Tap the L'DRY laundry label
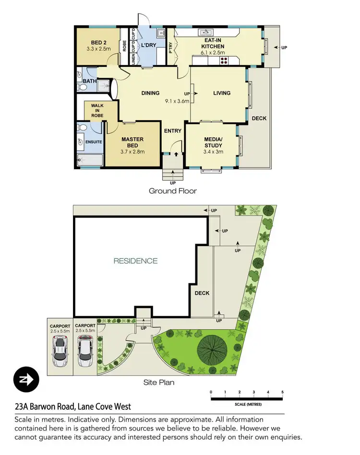[147, 45]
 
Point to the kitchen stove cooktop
[224, 61]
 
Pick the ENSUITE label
[93, 142]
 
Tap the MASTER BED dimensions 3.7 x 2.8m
[132, 151]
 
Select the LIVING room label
[221, 93]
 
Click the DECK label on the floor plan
[259, 118]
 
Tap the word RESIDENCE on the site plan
[135, 261]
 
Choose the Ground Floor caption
[172, 191]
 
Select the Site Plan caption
[159, 383]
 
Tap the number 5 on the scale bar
[282, 393]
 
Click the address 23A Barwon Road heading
[72, 406]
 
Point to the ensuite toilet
[82, 128]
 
